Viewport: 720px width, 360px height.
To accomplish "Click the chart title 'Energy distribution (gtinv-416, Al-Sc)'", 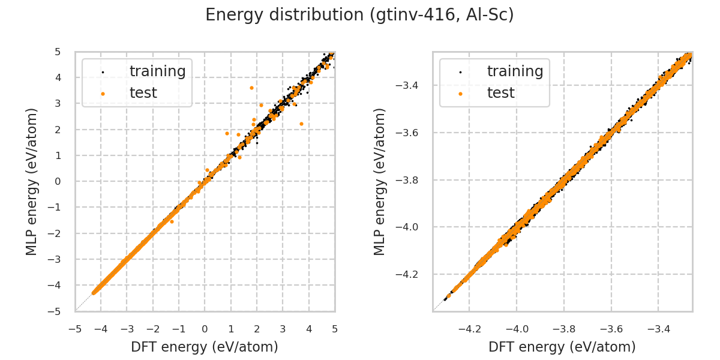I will click(359, 15).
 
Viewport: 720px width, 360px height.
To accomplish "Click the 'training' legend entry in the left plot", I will click(157, 71).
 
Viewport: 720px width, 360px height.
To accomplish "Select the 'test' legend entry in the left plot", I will click(143, 93).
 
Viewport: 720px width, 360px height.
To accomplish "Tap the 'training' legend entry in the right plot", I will click(515, 71).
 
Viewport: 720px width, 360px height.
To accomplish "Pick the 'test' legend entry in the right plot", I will click(500, 93).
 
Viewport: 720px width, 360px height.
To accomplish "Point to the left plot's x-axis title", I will click(205, 347).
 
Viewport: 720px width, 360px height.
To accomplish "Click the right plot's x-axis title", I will click(562, 347).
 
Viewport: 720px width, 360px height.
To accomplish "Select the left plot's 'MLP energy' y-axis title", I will click(32, 181).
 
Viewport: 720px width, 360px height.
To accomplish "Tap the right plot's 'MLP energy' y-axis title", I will click(380, 181).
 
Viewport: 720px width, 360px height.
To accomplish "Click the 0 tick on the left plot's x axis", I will click(205, 329).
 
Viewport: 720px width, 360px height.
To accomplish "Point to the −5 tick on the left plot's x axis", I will click(75, 329).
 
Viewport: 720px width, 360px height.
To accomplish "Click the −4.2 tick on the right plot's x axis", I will click(469, 329).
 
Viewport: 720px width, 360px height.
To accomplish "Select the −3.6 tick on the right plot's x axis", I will click(611, 329).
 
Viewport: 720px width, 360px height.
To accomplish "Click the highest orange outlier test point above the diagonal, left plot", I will click(251, 88).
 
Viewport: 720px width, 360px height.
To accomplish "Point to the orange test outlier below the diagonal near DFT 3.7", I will click(301, 124).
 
